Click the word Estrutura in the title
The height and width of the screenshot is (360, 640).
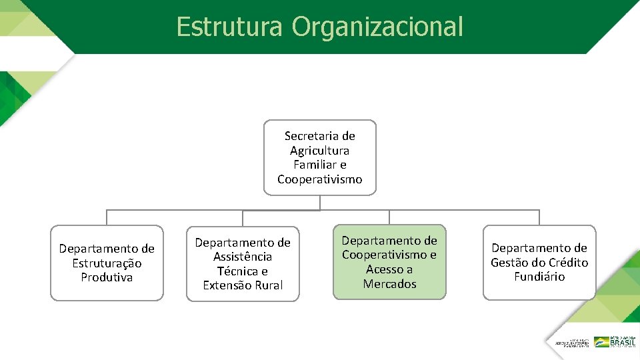230,27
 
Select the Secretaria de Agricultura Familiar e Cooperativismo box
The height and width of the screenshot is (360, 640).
320,157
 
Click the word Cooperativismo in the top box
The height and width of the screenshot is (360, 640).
320,179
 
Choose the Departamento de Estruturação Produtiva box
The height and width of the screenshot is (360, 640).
107,263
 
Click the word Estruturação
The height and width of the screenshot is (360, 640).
107,263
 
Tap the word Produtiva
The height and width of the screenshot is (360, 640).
107,277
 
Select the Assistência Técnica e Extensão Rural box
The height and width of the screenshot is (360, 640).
243,264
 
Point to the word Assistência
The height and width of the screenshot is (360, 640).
243,257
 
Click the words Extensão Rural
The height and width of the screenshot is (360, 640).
243,285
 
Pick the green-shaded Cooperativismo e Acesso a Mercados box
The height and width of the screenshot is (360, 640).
389,262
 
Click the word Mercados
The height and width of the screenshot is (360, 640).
389,284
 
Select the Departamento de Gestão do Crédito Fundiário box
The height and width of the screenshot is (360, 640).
539,262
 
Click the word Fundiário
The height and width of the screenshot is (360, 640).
539,277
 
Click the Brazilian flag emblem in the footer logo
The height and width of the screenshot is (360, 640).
601,342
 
